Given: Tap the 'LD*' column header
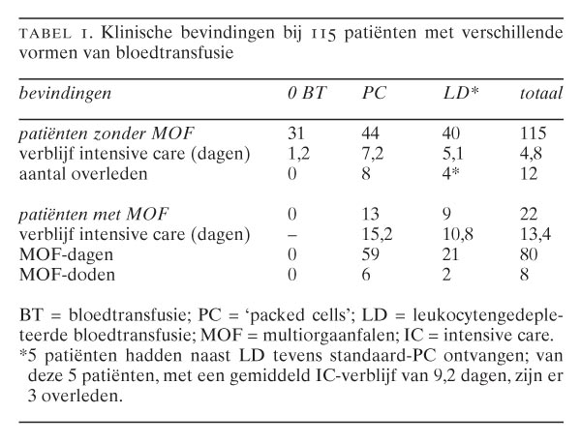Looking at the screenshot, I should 451,93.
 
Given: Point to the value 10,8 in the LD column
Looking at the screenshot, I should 454,234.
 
